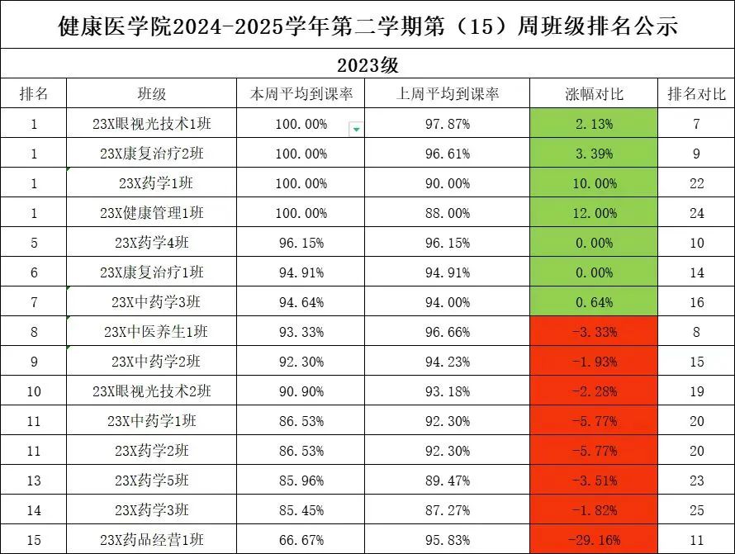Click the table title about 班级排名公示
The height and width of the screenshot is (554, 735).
click(367, 26)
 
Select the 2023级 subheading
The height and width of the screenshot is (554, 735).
click(367, 64)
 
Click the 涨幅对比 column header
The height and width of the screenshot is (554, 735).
click(595, 94)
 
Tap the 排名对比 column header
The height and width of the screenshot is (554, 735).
click(696, 94)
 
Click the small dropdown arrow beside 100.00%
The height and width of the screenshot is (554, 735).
click(356, 128)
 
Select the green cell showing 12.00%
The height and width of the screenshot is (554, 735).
click(595, 213)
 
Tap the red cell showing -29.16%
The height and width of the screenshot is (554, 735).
click(595, 540)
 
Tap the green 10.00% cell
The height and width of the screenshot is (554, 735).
click(595, 183)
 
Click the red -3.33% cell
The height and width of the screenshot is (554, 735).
click(595, 332)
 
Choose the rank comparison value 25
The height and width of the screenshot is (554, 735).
click(696, 510)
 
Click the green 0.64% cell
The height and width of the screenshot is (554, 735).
click(595, 302)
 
